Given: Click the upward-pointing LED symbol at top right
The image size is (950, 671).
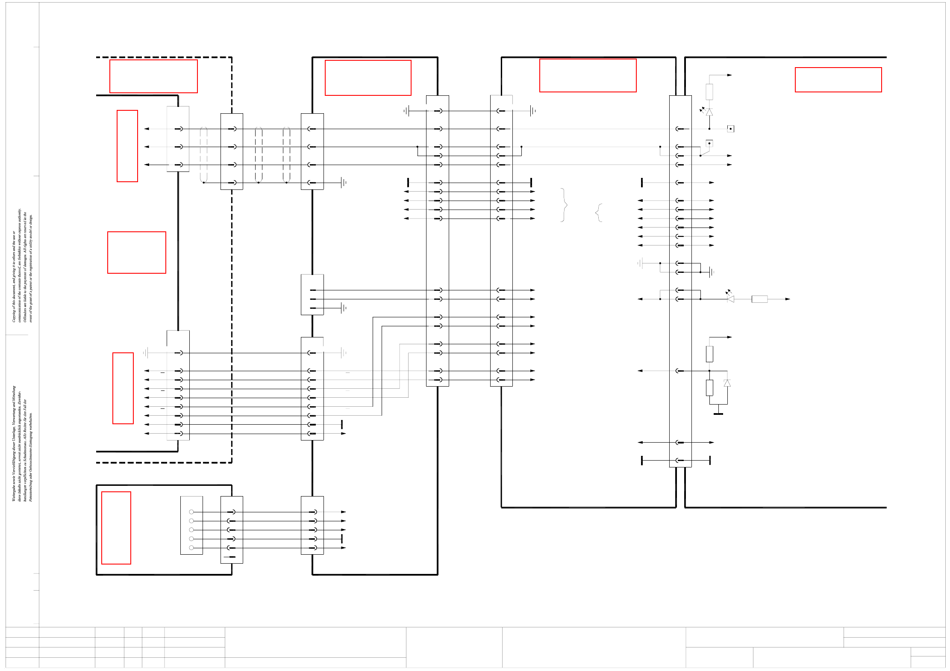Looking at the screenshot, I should tap(709, 112).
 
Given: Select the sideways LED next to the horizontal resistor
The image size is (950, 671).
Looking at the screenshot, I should tap(730, 299).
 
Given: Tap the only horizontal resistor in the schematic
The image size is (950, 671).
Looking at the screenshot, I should tap(759, 299).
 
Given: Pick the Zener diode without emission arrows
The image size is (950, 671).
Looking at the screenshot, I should tap(727, 383).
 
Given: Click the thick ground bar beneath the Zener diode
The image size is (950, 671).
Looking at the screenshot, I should tap(718, 414).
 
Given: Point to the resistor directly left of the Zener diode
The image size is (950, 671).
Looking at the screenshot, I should tap(709, 387).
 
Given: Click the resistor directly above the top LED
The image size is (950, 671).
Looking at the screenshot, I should tap(709, 92).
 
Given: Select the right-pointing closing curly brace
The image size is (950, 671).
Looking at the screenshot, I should tap(564, 205).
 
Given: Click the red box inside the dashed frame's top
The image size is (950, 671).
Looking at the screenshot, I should tap(153, 76).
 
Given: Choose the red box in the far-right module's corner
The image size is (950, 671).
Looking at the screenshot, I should tap(838, 80).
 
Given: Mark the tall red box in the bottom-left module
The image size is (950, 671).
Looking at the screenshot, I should tap(116, 528).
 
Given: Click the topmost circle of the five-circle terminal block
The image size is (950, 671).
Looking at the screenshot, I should tap(191, 511).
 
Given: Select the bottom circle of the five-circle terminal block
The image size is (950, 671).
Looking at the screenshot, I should tap(191, 548).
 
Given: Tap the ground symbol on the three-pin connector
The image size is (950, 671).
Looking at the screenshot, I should tap(343, 308).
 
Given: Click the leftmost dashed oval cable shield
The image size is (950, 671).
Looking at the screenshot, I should tap(203, 155).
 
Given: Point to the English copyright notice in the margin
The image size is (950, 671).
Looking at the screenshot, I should tap(22, 265).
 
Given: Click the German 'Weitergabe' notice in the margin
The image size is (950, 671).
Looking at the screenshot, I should tap(22, 443).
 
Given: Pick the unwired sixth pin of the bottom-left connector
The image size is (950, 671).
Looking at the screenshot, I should tap(231, 557).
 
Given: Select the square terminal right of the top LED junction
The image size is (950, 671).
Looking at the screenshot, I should tap(730, 129).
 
